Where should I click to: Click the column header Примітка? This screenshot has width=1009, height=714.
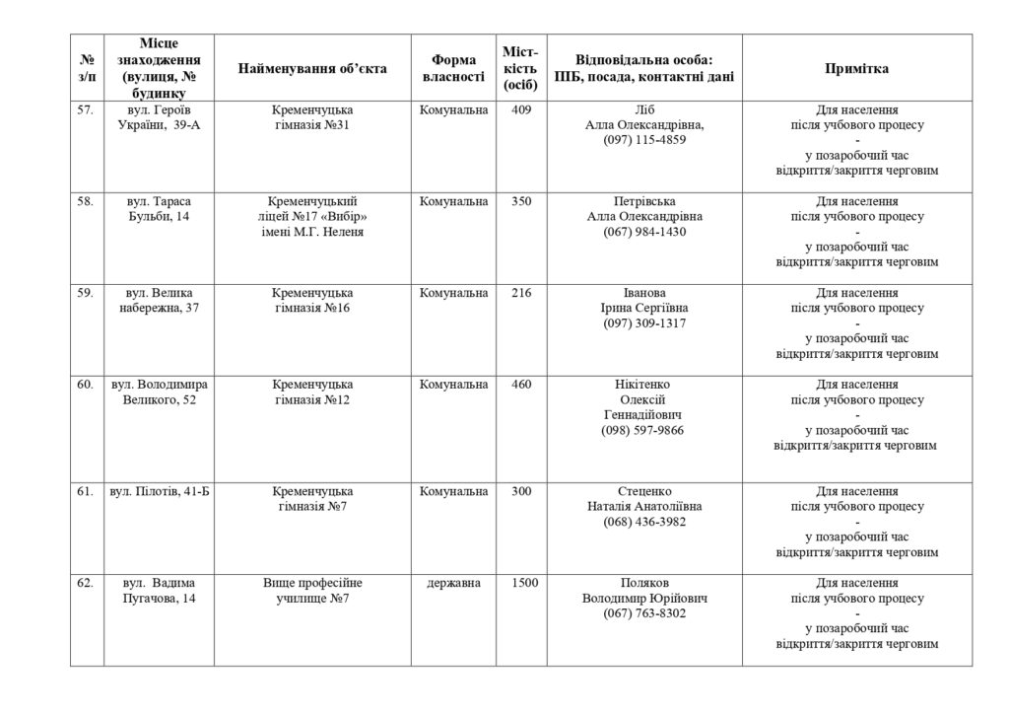856,68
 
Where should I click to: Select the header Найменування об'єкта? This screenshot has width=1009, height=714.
312,68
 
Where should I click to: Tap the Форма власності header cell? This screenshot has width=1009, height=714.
453,68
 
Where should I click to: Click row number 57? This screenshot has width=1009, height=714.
86,109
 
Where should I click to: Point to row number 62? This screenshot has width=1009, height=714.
86,583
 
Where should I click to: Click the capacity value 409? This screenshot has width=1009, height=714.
522,109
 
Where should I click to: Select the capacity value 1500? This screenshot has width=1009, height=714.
524,583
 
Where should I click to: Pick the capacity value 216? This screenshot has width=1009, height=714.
522,293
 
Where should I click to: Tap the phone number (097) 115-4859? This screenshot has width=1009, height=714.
644,140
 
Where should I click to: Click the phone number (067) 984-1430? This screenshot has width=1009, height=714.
644,232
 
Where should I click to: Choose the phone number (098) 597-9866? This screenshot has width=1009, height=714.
644,430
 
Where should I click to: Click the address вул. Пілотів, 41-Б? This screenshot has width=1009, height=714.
160,491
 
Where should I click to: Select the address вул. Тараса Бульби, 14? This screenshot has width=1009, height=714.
159,209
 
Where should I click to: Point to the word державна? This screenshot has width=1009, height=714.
454,583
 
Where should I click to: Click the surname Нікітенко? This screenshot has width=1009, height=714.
644,384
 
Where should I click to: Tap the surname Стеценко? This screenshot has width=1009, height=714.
644,491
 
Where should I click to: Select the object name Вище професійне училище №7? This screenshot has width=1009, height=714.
312,591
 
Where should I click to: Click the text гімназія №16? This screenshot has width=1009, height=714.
312,309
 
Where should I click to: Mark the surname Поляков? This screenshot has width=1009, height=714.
644,583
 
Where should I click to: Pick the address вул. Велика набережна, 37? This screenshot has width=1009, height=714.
159,301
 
